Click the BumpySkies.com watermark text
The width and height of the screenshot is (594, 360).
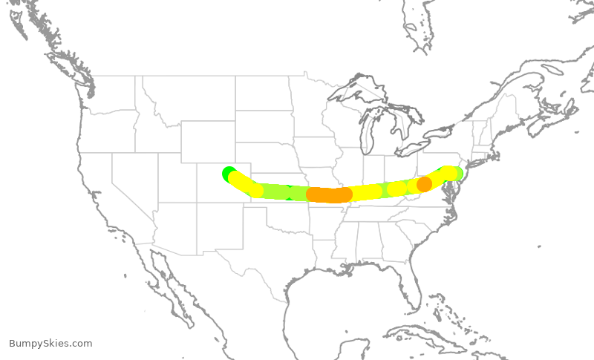[x=50, y=343]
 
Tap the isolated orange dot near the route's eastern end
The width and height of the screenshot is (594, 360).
[x=424, y=183]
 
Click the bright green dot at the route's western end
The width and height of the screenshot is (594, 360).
[x=229, y=173]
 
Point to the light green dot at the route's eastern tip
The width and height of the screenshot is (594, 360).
[x=457, y=174]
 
